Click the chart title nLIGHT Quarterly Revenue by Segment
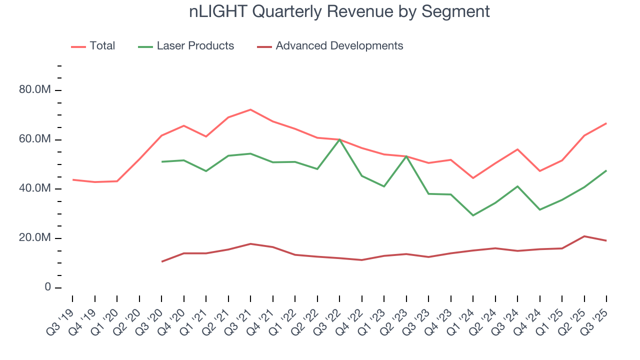[339, 11]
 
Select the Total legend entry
[102, 46]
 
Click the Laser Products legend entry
[195, 46]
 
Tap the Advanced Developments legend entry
[339, 46]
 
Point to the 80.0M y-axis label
[34, 90]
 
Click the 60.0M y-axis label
[34, 139]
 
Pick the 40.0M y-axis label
[34, 188]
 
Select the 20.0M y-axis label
[34, 238]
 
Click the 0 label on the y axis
[47, 287]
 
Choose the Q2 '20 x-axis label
[127, 320]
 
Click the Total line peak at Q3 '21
[250, 109]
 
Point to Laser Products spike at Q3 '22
[339, 139]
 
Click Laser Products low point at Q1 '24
[473, 215]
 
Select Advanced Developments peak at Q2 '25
[584, 236]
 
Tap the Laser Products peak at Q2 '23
[406, 156]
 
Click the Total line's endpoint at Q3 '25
[606, 123]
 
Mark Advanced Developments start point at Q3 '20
[161, 261]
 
